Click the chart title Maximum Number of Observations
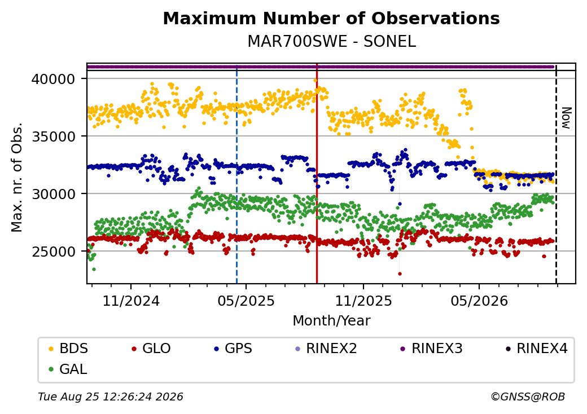(x=331, y=18)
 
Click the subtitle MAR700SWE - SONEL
(x=331, y=42)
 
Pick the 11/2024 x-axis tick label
(x=131, y=301)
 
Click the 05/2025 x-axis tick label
(x=246, y=301)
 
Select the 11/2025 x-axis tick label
(x=363, y=301)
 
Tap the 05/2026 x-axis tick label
(x=479, y=301)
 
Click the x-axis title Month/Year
(x=331, y=321)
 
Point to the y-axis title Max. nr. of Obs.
(x=17, y=177)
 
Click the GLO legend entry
(x=151, y=349)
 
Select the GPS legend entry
(x=233, y=349)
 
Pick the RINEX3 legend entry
(x=432, y=349)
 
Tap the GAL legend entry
(x=68, y=369)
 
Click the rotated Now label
(x=567, y=118)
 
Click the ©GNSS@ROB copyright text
(x=528, y=397)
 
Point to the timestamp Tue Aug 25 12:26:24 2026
(x=111, y=397)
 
